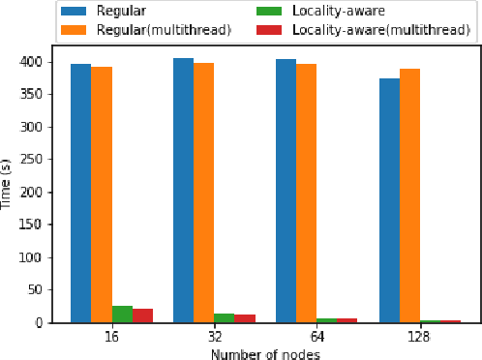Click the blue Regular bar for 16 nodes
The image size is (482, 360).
click(80, 194)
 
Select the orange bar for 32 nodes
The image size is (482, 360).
click(203, 193)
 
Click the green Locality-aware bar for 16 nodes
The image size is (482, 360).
click(122, 315)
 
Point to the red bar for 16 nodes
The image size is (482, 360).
click(142, 315)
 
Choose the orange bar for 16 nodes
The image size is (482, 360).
click(101, 195)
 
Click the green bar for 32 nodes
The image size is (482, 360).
click(224, 318)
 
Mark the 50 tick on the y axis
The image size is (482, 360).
click(42, 289)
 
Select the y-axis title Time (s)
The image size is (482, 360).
click(8, 183)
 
